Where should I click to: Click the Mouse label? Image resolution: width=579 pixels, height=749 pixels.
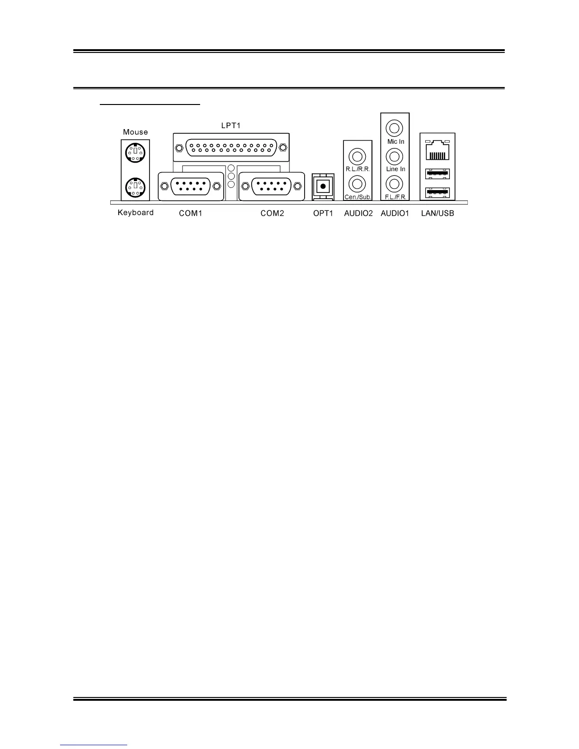pyautogui.click(x=135, y=132)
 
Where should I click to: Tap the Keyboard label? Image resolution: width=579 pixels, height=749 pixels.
pyautogui.click(x=135, y=213)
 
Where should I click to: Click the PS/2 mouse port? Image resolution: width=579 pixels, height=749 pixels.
pyautogui.click(x=135, y=152)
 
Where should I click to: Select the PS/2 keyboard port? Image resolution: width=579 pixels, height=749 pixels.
pyautogui.click(x=135, y=187)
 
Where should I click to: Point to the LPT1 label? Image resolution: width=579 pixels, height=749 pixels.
pyautogui.click(x=232, y=126)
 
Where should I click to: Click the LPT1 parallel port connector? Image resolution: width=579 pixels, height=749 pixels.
pyautogui.click(x=231, y=148)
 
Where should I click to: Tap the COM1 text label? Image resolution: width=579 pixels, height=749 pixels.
pyautogui.click(x=191, y=213)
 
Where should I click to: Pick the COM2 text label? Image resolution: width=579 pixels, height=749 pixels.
pyautogui.click(x=272, y=213)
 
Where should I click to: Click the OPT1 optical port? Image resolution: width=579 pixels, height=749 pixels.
pyautogui.click(x=323, y=186)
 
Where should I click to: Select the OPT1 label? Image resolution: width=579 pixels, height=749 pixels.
pyautogui.click(x=323, y=213)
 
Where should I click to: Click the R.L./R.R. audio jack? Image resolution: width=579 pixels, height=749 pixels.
pyautogui.click(x=358, y=156)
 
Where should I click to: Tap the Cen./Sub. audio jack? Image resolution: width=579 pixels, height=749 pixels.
pyautogui.click(x=358, y=183)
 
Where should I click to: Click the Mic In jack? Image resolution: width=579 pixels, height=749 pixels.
pyautogui.click(x=395, y=128)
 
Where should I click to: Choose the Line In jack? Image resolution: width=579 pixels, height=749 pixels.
pyautogui.click(x=395, y=156)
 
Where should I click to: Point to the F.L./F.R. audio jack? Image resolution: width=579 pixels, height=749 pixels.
pyautogui.click(x=395, y=183)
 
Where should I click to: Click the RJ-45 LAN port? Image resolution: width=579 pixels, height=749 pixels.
pyautogui.click(x=438, y=151)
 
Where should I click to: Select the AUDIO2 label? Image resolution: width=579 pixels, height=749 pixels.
pyautogui.click(x=358, y=213)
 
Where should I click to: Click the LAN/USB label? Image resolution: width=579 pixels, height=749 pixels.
pyautogui.click(x=438, y=213)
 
